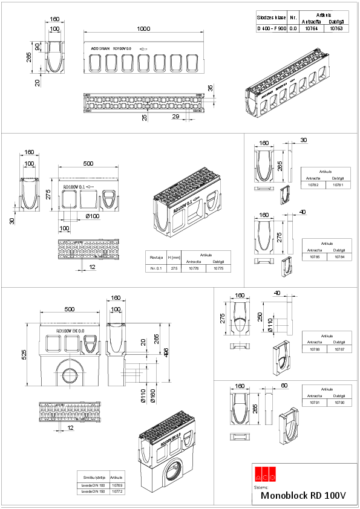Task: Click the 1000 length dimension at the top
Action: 143,29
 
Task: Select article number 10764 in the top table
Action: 311,28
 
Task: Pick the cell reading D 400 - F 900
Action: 270,28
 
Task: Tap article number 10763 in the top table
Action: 336,28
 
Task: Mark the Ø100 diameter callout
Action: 93,216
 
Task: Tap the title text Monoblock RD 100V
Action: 303,495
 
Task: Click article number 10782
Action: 313,185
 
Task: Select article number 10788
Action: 313,349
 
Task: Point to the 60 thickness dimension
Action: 284,385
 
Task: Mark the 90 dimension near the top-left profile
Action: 38,47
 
